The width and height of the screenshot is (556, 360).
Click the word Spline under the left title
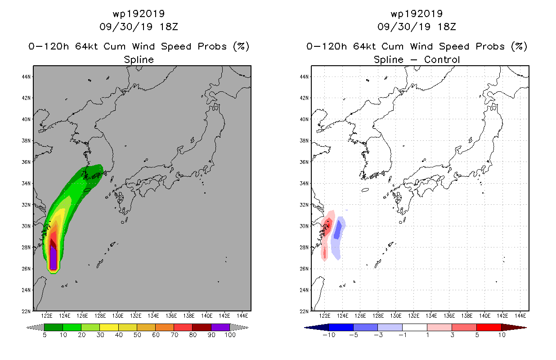139,60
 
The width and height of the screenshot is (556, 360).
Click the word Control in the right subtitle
442,59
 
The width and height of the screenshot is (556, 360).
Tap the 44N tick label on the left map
26,76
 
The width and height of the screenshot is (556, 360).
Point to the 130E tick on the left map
118,316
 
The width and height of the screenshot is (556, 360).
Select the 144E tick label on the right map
520,316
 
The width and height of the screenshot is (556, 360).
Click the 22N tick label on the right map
304,311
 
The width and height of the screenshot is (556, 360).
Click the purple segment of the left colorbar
220,327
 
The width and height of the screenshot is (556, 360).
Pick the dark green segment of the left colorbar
54,327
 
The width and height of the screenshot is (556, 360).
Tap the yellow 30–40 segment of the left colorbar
109,327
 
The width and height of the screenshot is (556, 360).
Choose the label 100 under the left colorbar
230,335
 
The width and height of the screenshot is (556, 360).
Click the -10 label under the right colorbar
329,335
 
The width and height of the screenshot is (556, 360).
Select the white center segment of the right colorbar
415,327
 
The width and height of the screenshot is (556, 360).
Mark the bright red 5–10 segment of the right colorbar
489,327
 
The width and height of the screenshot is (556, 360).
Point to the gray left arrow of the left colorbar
35,327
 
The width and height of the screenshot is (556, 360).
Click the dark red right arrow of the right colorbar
514,327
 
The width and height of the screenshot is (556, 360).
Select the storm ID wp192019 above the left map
139,13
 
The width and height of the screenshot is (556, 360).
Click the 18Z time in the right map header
447,27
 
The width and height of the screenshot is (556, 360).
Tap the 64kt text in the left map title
87,46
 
